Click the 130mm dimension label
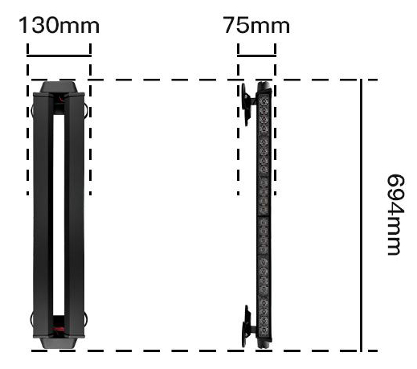click(59, 26)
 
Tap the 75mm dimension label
click(256, 26)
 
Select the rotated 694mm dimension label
click(396, 215)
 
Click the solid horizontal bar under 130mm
click(59, 55)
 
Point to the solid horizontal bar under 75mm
click(256, 55)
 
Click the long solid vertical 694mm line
click(361, 215)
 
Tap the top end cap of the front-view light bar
click(59, 87)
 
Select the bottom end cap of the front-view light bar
click(59, 342)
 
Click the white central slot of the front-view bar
click(59, 215)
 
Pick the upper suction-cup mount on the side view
click(247, 104)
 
